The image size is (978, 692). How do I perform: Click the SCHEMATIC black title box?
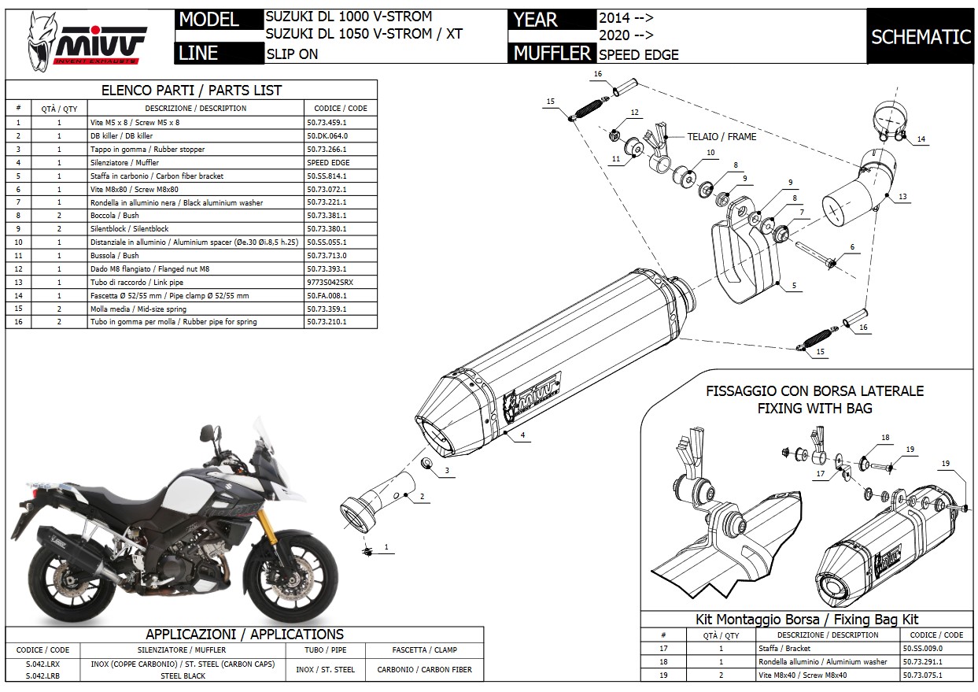(921, 36)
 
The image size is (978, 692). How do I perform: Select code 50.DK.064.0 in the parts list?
(327, 135)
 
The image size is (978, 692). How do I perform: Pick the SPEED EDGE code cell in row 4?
(328, 162)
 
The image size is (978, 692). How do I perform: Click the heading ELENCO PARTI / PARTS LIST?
(191, 90)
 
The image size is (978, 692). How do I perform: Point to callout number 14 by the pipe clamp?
(921, 139)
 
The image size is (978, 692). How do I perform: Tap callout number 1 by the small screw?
(386, 546)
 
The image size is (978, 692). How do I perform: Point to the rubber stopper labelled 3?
(426, 462)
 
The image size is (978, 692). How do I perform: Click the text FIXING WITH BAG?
(814, 409)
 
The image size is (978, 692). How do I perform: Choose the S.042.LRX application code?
(42, 664)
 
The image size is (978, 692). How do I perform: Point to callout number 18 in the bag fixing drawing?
(885, 438)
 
